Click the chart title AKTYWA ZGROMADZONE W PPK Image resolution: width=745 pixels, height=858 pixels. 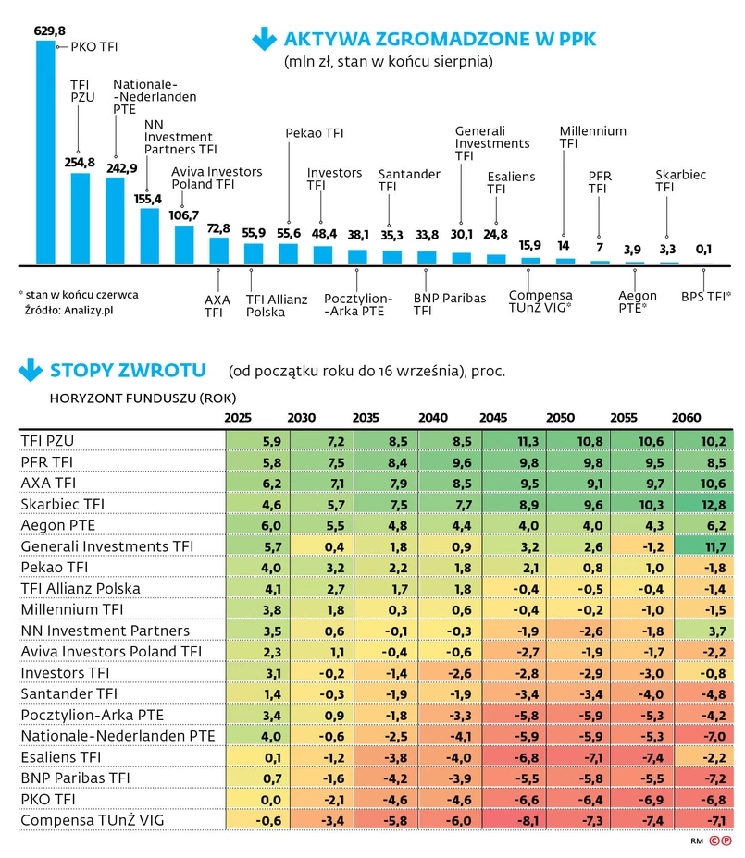(x=440, y=39)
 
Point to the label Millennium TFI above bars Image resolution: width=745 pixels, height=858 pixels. (x=592, y=138)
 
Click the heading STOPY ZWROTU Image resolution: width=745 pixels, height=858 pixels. (x=128, y=371)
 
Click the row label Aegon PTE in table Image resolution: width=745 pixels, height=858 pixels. (x=57, y=525)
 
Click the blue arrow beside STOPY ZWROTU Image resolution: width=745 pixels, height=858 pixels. (x=31, y=370)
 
